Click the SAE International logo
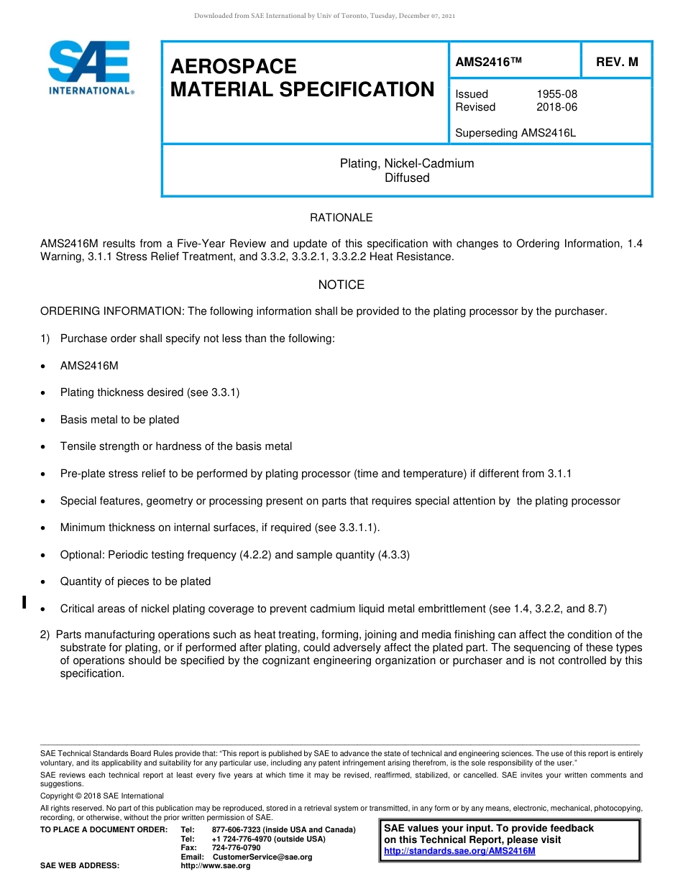coord(90,68)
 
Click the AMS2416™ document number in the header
coord(488,63)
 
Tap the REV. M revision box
coord(617,63)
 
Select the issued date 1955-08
coord(556,94)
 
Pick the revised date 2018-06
coord(556,107)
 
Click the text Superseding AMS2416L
coord(515,133)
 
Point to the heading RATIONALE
coord(341,218)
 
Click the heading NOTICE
coord(341,285)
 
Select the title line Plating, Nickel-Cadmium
coord(407,164)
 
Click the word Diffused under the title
coord(407,178)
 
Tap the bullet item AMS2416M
coord(89,366)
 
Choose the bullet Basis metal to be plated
coord(119,420)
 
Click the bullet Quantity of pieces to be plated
coord(135,581)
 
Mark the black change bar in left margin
coord(24,602)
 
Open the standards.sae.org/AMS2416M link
coord(459,851)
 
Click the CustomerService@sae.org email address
coord(262,857)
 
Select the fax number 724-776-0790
coord(237,848)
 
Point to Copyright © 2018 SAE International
coord(102,796)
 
